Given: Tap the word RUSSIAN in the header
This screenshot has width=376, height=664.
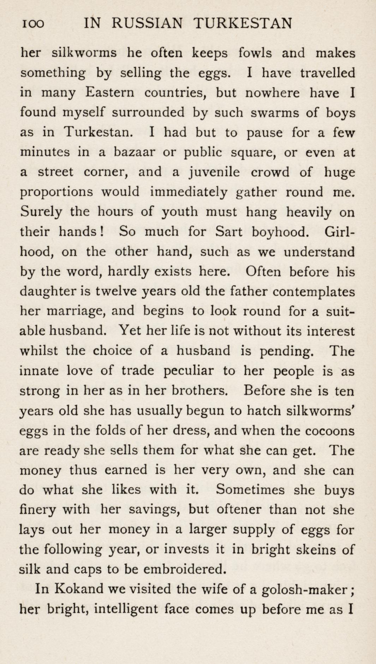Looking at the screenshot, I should pyautogui.click(x=148, y=24).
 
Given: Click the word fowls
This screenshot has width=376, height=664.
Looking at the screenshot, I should pyautogui.click(x=255, y=53).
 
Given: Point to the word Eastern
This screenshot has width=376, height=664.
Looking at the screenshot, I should pyautogui.click(x=110, y=93).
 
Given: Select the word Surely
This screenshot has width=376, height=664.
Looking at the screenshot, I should pyautogui.click(x=41, y=212).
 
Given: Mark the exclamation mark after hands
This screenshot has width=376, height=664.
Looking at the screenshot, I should pyautogui.click(x=101, y=231).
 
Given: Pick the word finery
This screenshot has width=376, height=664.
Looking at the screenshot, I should pyautogui.click(x=37, y=510).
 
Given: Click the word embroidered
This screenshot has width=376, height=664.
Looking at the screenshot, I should pyautogui.click(x=184, y=569).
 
